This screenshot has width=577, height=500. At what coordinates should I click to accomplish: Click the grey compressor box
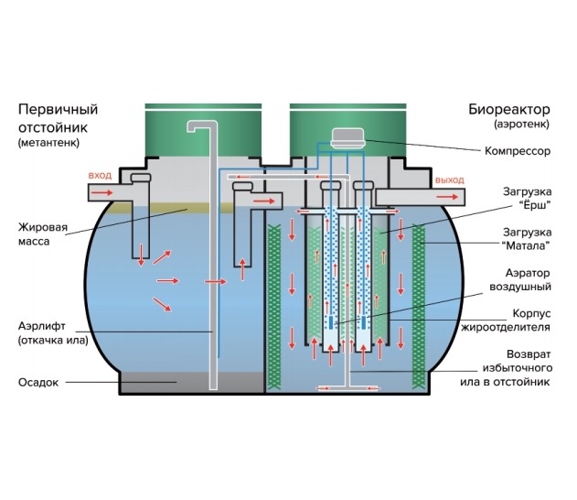347,137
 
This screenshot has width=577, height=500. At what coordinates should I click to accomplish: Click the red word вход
100,174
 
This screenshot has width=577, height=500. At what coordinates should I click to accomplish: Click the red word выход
450,179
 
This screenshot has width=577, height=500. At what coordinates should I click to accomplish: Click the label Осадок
37,382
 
